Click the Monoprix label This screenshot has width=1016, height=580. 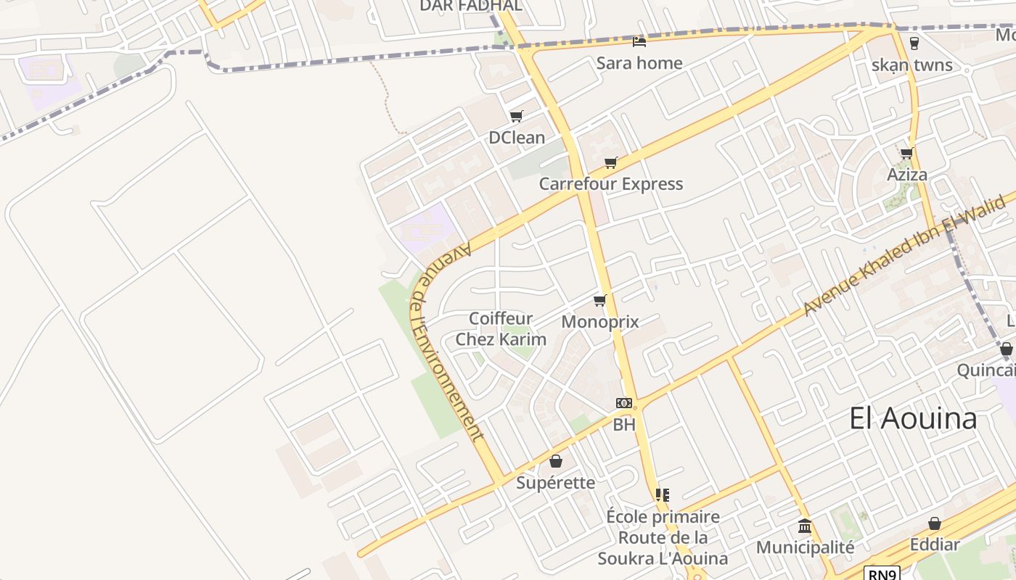click(x=600, y=321)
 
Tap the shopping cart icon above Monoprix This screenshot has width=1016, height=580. click(x=599, y=300)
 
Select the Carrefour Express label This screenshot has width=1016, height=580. click(x=611, y=184)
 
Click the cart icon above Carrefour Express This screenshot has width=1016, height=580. click(x=611, y=162)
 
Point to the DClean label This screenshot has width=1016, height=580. click(x=517, y=138)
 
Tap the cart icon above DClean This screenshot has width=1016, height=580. click(x=517, y=116)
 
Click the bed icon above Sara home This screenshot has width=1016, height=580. click(x=639, y=41)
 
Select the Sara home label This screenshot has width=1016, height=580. click(x=639, y=63)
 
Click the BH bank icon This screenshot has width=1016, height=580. click(x=624, y=403)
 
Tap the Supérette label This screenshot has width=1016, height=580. click(x=556, y=483)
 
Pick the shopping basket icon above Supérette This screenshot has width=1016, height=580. click(x=556, y=461)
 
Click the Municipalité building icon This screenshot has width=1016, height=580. click(x=805, y=526)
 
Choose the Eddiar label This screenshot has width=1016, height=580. click(x=935, y=544)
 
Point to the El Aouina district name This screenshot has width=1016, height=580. click(x=914, y=419)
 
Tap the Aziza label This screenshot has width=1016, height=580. click(x=907, y=175)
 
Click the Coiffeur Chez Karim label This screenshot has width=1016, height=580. click(x=501, y=328)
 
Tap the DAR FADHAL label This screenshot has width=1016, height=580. click(x=471, y=6)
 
